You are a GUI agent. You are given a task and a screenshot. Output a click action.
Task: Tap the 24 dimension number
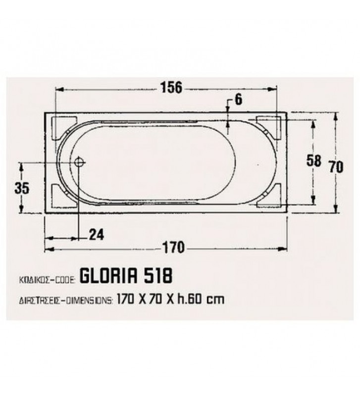click(x=97, y=235)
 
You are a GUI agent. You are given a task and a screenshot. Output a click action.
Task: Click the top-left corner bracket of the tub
click(x=62, y=126)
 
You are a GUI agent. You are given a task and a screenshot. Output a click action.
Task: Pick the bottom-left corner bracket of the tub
click(x=62, y=195)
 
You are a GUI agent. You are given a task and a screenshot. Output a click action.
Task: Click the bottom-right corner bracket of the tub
click(x=269, y=195)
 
